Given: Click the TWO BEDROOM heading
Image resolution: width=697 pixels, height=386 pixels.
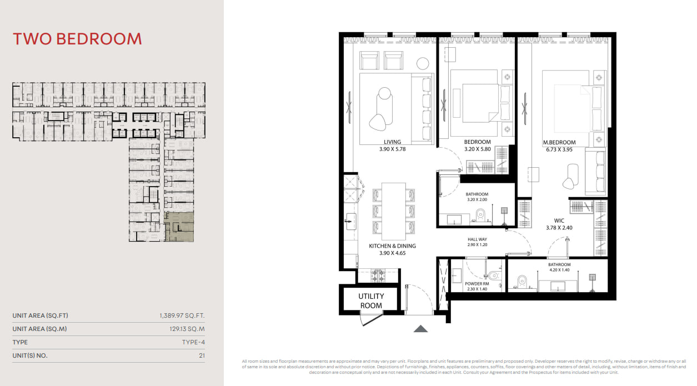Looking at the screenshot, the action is coord(77,39).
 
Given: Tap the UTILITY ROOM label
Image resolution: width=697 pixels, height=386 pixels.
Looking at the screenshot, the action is coord(371,300).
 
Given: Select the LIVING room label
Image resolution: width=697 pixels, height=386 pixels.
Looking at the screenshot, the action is coord(392,142).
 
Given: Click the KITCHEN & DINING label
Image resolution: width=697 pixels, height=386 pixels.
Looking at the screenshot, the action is coord(392,246).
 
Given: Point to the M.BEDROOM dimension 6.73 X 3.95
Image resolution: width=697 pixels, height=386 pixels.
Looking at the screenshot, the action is coord(559,149).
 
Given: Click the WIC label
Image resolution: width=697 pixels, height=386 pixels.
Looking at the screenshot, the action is coord(559,220).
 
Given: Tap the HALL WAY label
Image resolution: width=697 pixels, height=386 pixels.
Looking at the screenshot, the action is coord(477,239).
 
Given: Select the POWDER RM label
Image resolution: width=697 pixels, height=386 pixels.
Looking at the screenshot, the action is coord(477,284).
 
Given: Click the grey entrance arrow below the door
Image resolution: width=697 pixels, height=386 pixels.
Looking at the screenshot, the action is coord(420,329).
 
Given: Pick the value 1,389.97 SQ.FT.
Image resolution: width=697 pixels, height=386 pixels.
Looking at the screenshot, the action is coord(182,315).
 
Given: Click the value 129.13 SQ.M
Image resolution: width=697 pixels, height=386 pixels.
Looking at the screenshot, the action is coord(187,329).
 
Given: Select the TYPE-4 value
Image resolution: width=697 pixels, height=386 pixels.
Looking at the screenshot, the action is coord(193,343).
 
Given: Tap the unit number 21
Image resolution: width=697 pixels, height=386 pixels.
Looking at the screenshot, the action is coord(202,355).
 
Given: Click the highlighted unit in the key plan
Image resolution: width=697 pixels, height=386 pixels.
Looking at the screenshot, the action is coord(179,227).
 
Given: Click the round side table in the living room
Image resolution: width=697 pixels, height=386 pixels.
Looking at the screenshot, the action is coord(423,63).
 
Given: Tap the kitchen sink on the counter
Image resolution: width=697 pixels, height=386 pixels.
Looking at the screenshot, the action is coord(351,222).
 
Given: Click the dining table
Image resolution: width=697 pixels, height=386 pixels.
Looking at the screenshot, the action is coord(394,212).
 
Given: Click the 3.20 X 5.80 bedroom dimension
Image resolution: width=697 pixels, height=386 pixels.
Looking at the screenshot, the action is coord(477,149).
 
